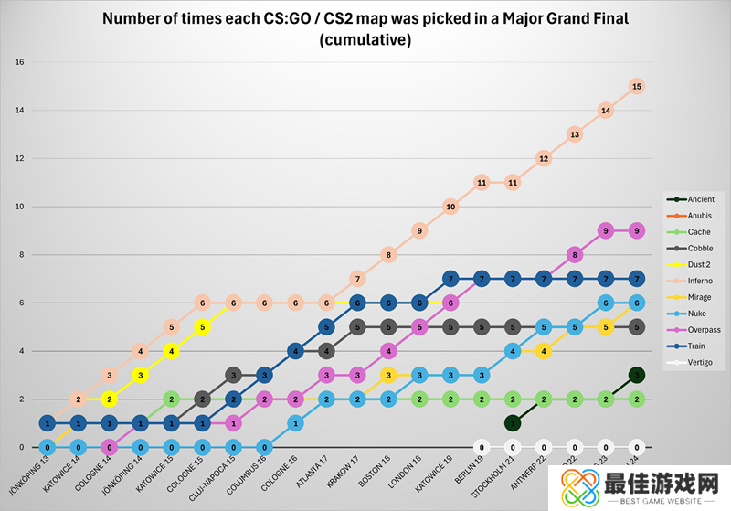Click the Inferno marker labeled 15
pos(637,86)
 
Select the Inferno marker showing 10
pos(450,208)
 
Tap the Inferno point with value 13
pos(575,134)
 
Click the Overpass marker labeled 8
pos(575,255)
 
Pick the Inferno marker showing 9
pos(419,231)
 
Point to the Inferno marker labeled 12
pos(544,158)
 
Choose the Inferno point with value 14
pos(606,111)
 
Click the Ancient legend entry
pos(702,199)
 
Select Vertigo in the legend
pos(701,363)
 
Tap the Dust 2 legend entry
pos(700,265)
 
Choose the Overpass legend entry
pos(704,330)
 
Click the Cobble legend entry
pos(700,249)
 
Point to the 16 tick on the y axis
pos(19,62)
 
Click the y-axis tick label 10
pos(19,207)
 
